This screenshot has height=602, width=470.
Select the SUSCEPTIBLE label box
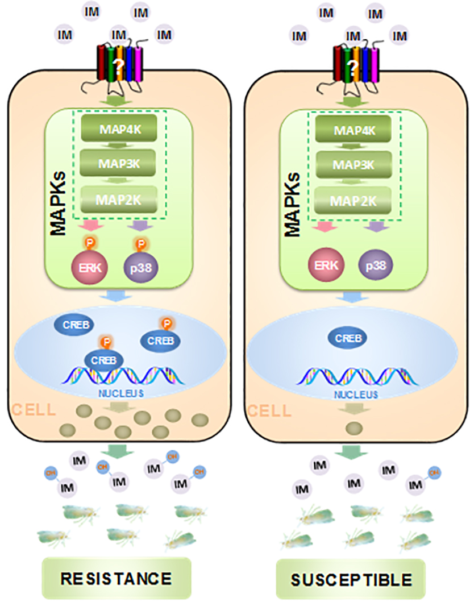[x=351, y=580]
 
